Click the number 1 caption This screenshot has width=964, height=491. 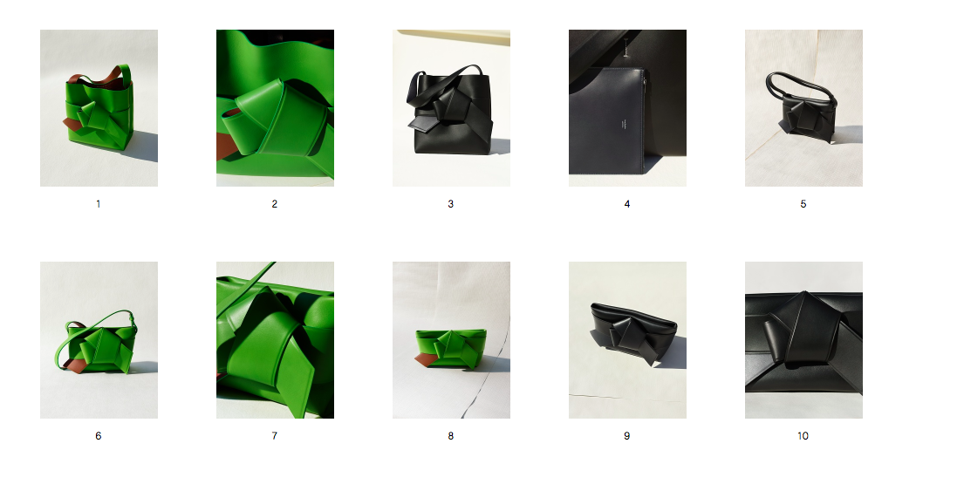tap(99, 204)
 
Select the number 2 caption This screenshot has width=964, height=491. tap(274, 204)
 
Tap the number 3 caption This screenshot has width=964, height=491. tap(451, 204)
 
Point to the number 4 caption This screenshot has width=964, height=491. tap(627, 204)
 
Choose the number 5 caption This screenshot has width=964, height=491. tap(803, 204)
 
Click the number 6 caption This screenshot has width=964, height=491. tap(99, 436)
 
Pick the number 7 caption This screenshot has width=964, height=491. tap(274, 436)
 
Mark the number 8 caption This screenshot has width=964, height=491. tap(451, 436)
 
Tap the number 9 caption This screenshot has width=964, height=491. tap(627, 436)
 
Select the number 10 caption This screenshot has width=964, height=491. tap(803, 436)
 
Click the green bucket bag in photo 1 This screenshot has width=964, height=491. tap(99, 111)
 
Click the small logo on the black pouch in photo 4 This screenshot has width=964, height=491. tap(623, 125)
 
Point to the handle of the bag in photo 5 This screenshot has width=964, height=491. tap(799, 83)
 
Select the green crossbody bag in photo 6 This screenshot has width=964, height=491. tap(99, 347)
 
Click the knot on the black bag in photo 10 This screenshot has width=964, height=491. tap(799, 332)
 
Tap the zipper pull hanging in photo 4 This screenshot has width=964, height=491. tap(626, 47)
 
